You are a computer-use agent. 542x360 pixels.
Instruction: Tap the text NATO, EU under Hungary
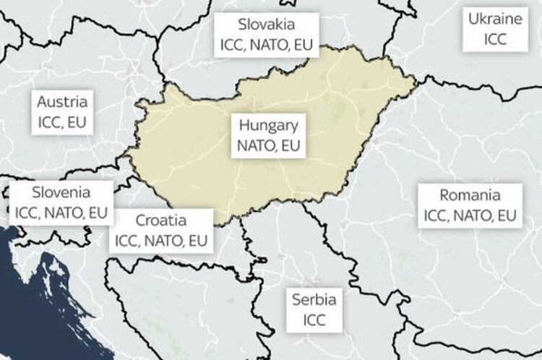tap(269, 145)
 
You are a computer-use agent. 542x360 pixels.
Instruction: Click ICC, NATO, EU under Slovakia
tap(267, 44)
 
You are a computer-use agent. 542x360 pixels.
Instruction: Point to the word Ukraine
tap(494, 20)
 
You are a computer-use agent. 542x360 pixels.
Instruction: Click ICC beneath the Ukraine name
tap(494, 38)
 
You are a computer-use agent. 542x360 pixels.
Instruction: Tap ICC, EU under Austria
tap(62, 121)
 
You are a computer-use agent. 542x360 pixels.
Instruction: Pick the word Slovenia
tap(61, 193)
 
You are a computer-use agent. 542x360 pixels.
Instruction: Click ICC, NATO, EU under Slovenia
tap(61, 213)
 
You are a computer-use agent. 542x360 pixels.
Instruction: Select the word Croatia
tap(161, 220)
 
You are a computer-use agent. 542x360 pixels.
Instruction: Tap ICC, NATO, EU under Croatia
tap(161, 239)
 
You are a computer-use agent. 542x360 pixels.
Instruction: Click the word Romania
tap(470, 195)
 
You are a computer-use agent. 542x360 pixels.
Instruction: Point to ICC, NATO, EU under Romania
tap(470, 215)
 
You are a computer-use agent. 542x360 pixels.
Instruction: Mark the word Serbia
tap(314, 299)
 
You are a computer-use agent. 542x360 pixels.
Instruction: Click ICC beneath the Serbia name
tap(314, 319)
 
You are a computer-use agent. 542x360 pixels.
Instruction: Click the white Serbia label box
tap(314, 309)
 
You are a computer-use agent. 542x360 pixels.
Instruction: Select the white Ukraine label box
tap(494, 29)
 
